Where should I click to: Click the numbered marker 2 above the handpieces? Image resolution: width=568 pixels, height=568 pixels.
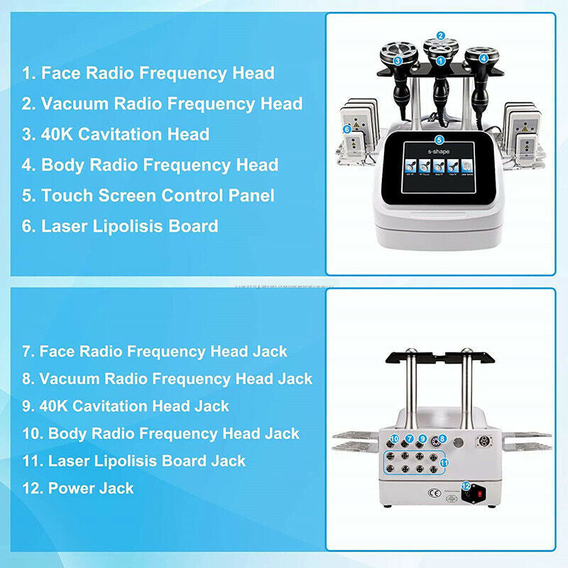click(440, 35)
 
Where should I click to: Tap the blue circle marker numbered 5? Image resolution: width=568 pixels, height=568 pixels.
click(439, 140)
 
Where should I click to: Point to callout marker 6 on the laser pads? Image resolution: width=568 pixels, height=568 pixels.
click(347, 129)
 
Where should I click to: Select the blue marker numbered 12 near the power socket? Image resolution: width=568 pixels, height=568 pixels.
click(466, 486)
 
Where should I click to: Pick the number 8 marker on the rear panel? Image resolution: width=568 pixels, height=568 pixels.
click(442, 439)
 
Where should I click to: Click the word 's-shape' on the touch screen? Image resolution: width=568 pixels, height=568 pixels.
click(439, 153)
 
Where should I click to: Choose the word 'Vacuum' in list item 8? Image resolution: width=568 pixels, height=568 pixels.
click(67, 378)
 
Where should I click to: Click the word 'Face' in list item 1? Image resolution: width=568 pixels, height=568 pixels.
click(58, 72)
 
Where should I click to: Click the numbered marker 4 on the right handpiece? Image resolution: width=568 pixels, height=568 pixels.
click(484, 59)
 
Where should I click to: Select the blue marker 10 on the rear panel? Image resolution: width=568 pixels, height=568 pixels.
click(395, 439)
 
